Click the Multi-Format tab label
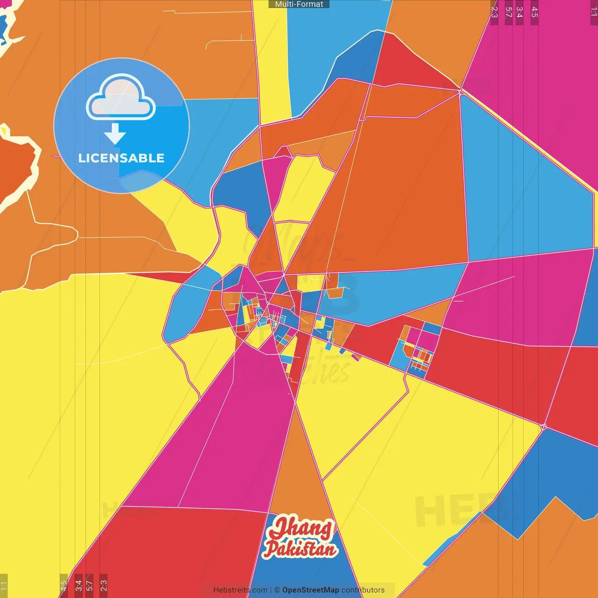(299, 4)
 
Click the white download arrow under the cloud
(115, 134)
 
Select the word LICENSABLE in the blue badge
(121, 158)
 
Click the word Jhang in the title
(302, 528)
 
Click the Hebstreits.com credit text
(240, 590)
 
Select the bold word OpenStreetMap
(311, 590)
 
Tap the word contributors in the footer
(363, 590)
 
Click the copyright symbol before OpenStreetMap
(277, 590)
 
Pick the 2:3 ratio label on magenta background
(494, 12)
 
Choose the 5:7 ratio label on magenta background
(508, 12)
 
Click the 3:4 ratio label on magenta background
(519, 12)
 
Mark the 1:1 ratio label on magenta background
(593, 12)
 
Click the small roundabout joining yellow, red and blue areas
(543, 427)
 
